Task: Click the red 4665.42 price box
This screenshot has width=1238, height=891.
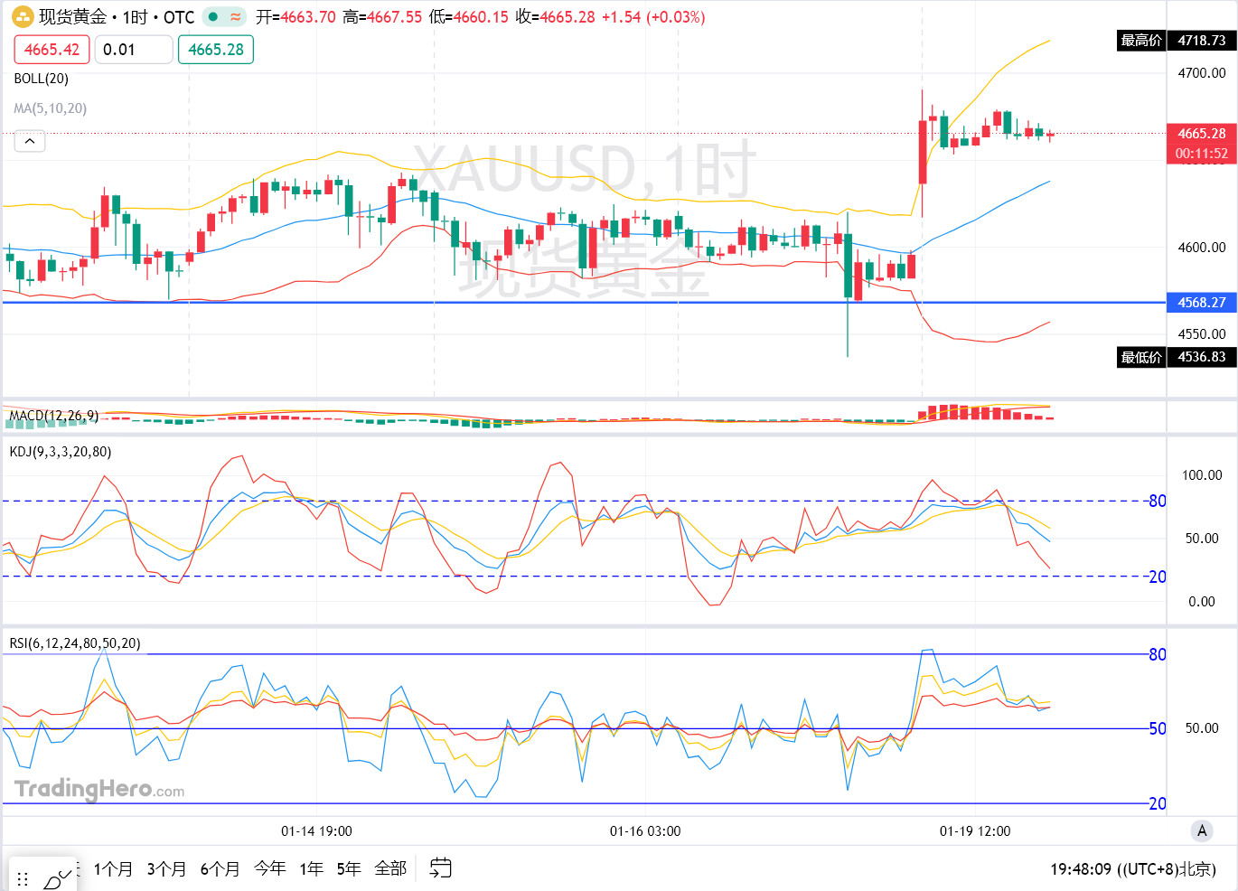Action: coord(52,50)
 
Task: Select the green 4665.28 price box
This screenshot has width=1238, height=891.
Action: coord(216,50)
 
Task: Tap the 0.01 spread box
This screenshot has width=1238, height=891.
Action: coord(133,50)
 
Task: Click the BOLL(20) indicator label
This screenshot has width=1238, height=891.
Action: coord(42,79)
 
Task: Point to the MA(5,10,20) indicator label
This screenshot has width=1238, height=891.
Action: coord(51,108)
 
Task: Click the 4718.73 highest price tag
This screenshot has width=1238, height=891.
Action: coord(1201,41)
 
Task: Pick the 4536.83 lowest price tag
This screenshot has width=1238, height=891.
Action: coord(1201,357)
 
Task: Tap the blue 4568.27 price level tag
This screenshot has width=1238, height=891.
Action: coord(1201,303)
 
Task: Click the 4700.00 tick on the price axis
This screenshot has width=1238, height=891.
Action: coord(1201,73)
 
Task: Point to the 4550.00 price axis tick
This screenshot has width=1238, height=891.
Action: coord(1201,334)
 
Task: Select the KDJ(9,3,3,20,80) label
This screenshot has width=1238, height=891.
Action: coord(61,452)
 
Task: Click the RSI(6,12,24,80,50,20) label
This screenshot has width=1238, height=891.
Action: coord(75,643)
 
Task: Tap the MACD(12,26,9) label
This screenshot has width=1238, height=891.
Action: coord(53,417)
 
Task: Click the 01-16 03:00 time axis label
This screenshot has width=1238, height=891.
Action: coord(645,831)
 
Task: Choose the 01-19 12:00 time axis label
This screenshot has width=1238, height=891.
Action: coord(975,831)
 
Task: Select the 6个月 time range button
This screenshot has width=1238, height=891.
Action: coord(220,869)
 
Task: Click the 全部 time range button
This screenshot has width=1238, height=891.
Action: coord(390,869)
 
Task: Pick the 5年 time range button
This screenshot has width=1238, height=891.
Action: coord(349,869)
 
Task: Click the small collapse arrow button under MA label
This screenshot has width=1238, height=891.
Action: coord(30,142)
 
